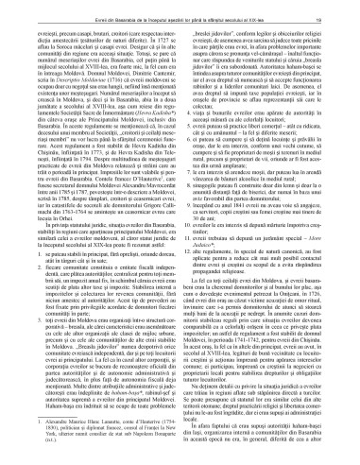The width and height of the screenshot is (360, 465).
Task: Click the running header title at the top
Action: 180,8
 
